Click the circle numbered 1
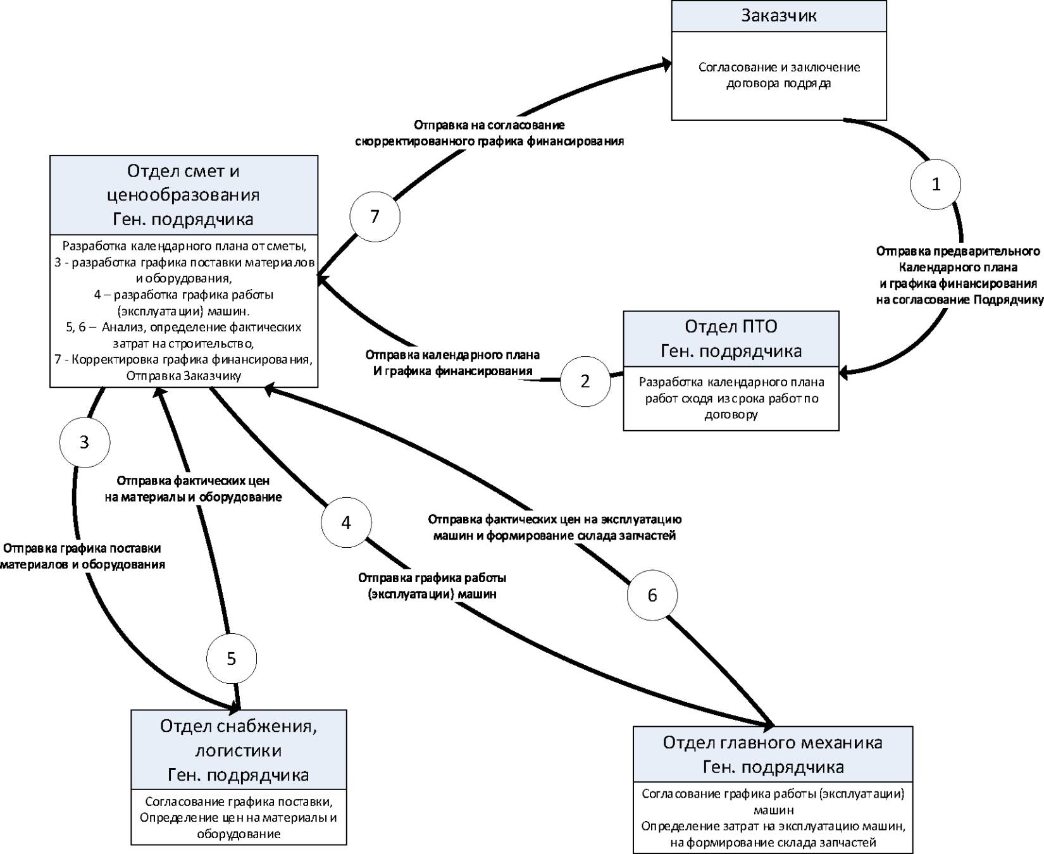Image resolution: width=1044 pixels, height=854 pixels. click(x=935, y=184)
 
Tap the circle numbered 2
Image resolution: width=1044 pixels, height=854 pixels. click(x=585, y=381)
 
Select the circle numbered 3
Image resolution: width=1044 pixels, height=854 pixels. click(x=84, y=442)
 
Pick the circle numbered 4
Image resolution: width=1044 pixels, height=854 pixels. click(x=346, y=523)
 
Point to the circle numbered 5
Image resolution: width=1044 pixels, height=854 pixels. click(x=232, y=659)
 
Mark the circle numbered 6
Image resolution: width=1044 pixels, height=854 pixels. click(x=652, y=595)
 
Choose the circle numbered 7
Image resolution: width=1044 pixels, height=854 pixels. click(x=375, y=216)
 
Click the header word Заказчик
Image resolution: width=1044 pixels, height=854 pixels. click(x=779, y=16)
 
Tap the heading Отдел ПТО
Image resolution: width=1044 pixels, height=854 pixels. click(x=731, y=326)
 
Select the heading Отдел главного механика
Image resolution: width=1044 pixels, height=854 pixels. click(x=773, y=742)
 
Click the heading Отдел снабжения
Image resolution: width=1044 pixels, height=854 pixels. click(x=239, y=726)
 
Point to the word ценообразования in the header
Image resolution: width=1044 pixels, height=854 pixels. click(x=183, y=195)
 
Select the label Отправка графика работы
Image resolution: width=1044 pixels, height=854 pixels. click(x=432, y=578)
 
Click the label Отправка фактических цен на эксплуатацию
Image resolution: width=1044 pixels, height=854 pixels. click(x=554, y=519)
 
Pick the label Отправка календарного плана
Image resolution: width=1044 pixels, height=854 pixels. click(x=452, y=355)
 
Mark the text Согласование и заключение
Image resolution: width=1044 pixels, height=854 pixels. click(x=779, y=67)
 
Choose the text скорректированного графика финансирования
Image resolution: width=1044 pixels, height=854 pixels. click(x=489, y=141)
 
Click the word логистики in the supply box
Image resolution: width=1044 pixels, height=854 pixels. click(x=239, y=750)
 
